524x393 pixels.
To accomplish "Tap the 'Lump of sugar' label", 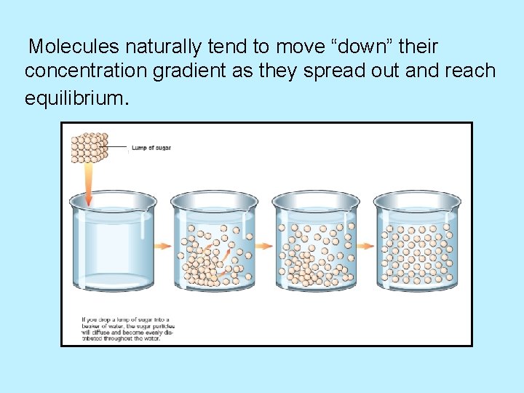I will [x=151, y=148].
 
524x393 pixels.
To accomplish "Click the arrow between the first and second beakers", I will [x=163, y=245].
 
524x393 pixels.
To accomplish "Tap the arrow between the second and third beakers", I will [x=264, y=245].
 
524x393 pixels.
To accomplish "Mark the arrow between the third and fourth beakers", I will [x=366, y=245].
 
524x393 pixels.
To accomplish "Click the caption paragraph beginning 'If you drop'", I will [x=127, y=329].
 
